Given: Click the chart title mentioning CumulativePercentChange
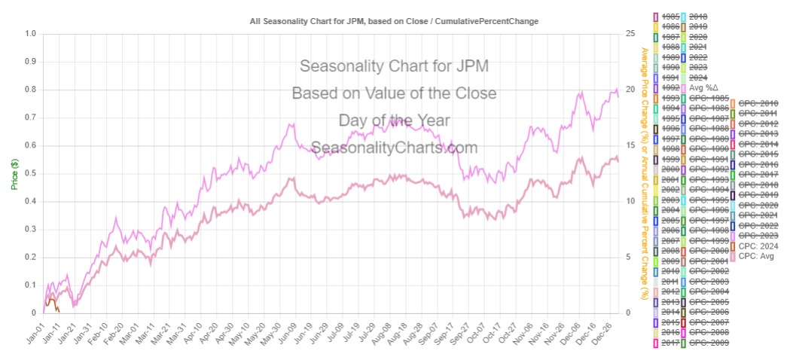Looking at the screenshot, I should (394, 21).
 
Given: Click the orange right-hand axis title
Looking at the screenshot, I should (645, 173).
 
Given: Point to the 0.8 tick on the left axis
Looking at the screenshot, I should (29, 90).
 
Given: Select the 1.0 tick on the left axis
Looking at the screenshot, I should (29, 34).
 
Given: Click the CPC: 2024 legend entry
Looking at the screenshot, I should (758, 246).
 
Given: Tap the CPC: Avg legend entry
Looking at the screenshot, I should (756, 256).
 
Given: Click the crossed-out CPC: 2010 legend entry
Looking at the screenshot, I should (758, 103).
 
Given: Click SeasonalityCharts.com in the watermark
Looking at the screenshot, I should (394, 148).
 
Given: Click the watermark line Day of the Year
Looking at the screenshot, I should (394, 121).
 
